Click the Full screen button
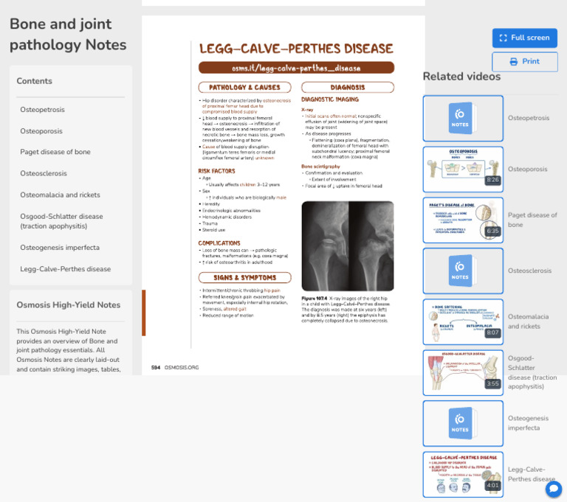[524, 38]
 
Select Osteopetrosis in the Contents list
[42, 110]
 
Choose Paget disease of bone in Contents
[55, 152]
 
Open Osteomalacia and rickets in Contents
[60, 195]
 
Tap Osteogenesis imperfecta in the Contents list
[60, 248]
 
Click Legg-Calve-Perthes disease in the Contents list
[66, 269]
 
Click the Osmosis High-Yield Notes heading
[69, 304]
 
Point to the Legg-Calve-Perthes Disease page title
[296, 49]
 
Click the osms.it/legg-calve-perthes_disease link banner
[296, 68]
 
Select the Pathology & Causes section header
[244, 87]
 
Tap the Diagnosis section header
[347, 87]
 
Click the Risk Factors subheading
[216, 171]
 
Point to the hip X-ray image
[347, 246]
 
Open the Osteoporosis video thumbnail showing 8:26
[463, 169]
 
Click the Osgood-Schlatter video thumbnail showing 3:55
[463, 372]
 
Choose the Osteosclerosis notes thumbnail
[463, 271]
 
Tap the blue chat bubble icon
[554, 489]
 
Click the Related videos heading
[461, 77]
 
